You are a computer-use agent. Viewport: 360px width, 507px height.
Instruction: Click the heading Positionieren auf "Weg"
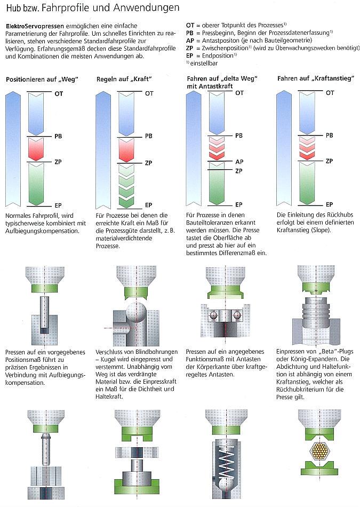42,80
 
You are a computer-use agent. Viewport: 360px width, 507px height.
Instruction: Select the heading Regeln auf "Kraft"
124,80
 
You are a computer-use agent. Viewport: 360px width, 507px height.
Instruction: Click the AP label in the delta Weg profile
239,161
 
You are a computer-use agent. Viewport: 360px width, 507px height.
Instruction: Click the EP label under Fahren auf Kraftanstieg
330,204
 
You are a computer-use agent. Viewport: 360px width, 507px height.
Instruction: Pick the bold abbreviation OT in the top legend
191,25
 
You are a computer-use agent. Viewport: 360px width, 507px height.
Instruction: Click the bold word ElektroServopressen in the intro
35,26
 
